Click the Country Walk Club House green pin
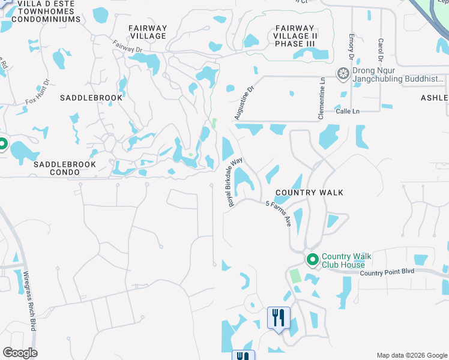(312, 260)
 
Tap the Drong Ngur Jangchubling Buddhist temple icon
(343, 74)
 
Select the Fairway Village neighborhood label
(148, 32)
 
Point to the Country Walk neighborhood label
(309, 193)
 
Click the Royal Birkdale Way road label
(235, 182)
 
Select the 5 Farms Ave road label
(279, 213)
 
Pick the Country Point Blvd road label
(387, 272)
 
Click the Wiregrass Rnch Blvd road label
(29, 300)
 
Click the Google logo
(20, 353)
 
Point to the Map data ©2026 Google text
(411, 355)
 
